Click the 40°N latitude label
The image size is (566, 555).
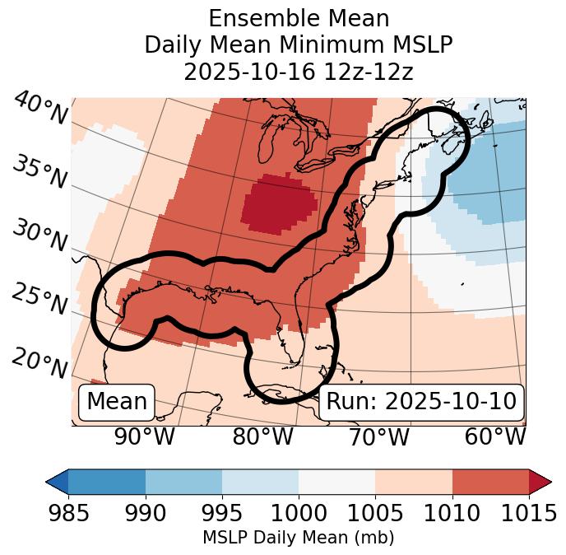pyautogui.click(x=40, y=109)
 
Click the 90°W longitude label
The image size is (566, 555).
pyautogui.click(x=145, y=436)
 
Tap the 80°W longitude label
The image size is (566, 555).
pyautogui.click(x=262, y=436)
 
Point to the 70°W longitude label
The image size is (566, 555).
pyautogui.click(x=378, y=436)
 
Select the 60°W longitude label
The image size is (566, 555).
pyautogui.click(x=495, y=436)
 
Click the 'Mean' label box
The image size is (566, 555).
pyautogui.click(x=117, y=402)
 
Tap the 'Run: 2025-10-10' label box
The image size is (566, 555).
pyautogui.click(x=421, y=402)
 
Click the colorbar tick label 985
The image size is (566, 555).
pyautogui.click(x=68, y=513)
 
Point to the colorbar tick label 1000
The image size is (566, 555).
pyautogui.click(x=299, y=513)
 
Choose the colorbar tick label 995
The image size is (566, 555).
pyautogui.click(x=222, y=513)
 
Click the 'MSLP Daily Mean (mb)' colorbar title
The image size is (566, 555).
pyautogui.click(x=298, y=538)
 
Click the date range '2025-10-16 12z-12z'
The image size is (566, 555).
pyautogui.click(x=298, y=72)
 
